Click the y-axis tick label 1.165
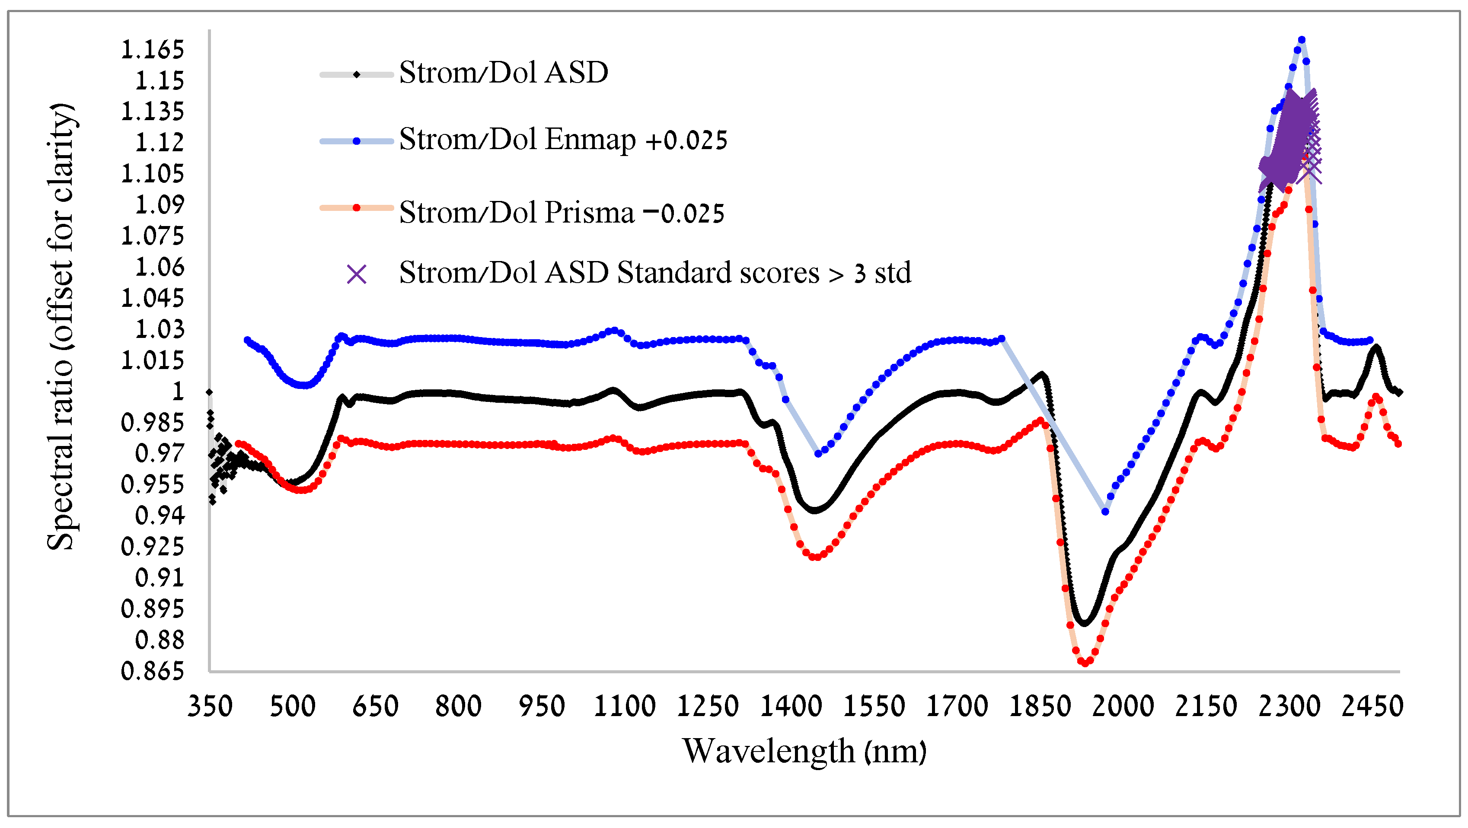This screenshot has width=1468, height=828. (x=152, y=50)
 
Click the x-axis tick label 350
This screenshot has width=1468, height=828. (x=210, y=707)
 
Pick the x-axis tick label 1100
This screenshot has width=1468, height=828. (x=625, y=707)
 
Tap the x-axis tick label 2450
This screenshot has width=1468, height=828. (x=1372, y=707)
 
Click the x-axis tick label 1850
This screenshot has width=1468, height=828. (x=1040, y=707)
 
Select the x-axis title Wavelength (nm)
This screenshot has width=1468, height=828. (x=804, y=751)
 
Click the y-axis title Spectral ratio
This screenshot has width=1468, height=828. (x=61, y=327)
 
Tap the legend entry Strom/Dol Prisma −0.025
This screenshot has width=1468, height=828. (x=562, y=213)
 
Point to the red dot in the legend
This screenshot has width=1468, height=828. (x=357, y=208)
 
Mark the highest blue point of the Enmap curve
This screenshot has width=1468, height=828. (x=1302, y=40)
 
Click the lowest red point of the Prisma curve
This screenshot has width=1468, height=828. (x=1085, y=663)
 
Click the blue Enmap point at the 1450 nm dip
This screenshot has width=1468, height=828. (x=818, y=454)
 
